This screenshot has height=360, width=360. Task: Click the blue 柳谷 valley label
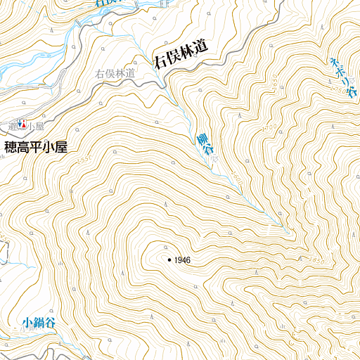pyautogui.click(x=205, y=146)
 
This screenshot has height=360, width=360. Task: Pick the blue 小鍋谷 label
pyautogui.click(x=38, y=323)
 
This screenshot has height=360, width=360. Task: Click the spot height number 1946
pyautogui.click(x=181, y=261)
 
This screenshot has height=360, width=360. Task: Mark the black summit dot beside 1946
pyautogui.click(x=169, y=260)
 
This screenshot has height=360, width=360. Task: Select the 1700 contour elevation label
pyautogui.click(x=268, y=129)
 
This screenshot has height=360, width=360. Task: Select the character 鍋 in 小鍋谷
pyautogui.click(x=38, y=323)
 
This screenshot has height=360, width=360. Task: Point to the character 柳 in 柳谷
pyautogui.click(x=202, y=138)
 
